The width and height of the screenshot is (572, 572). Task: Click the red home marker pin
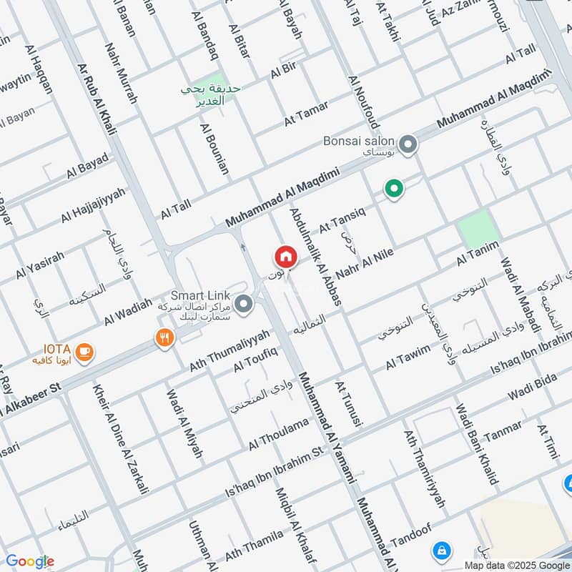pos(285,256)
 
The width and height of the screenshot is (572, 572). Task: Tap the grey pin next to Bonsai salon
pos(408,146)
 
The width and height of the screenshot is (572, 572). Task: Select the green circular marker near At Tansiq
pos(393,189)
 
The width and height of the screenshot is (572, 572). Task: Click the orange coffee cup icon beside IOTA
pos(84,350)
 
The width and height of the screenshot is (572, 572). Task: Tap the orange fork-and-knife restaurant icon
pos(164,337)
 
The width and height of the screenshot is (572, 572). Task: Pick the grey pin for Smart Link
pos(244,305)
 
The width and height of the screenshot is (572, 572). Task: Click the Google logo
pos(30,561)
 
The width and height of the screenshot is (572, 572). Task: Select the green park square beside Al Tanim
pos(477,230)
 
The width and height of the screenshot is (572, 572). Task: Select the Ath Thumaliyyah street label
pos(230,350)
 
